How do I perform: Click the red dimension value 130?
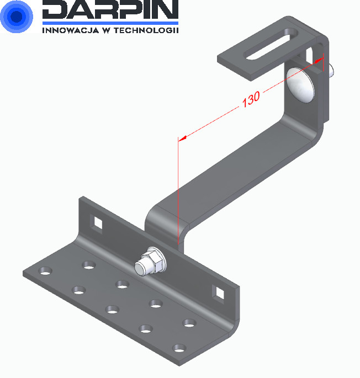tap(251, 99)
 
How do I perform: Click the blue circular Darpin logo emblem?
tap(17, 16)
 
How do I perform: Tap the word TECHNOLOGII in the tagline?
tap(146, 30)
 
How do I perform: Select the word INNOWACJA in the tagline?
tap(71, 30)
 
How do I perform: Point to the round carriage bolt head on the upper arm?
tap(300, 84)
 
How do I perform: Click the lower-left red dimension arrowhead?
tap(182, 139)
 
